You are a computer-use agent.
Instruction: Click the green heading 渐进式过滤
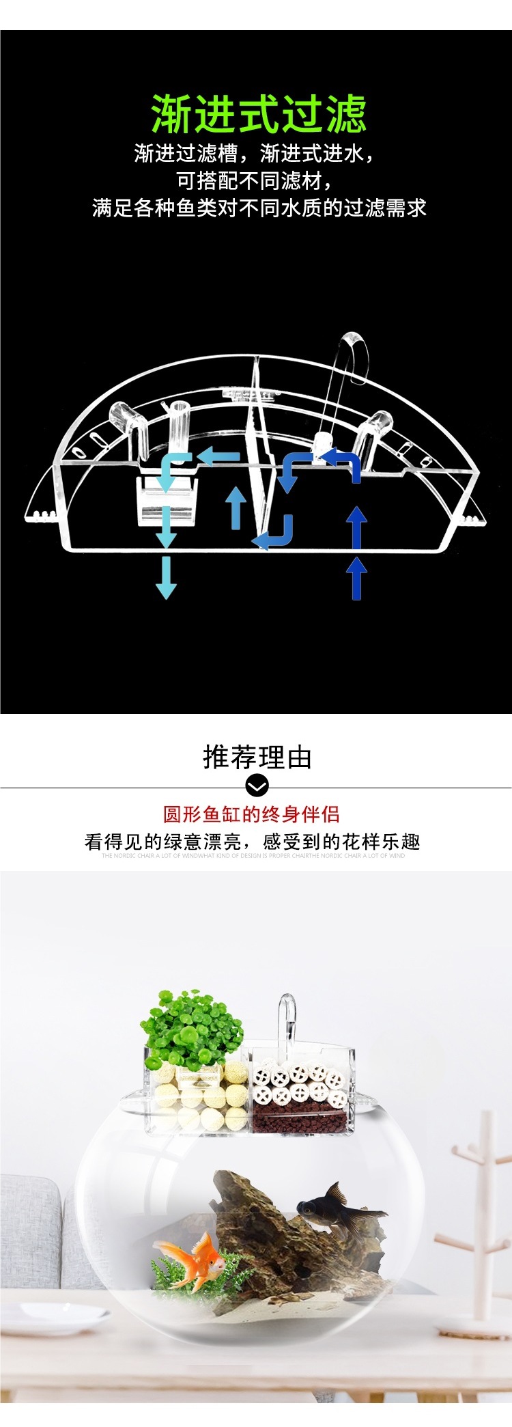[259, 114]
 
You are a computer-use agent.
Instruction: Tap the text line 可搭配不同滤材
[255, 180]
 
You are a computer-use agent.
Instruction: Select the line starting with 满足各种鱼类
[259, 208]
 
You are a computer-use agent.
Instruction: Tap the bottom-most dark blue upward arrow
[356, 578]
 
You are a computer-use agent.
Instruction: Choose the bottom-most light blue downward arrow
[166, 577]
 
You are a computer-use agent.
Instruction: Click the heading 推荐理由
[257, 758]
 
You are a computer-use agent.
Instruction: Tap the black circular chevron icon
[257, 786]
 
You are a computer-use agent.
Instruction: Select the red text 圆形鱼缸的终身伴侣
[251, 814]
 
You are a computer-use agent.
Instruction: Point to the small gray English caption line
[253, 855]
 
